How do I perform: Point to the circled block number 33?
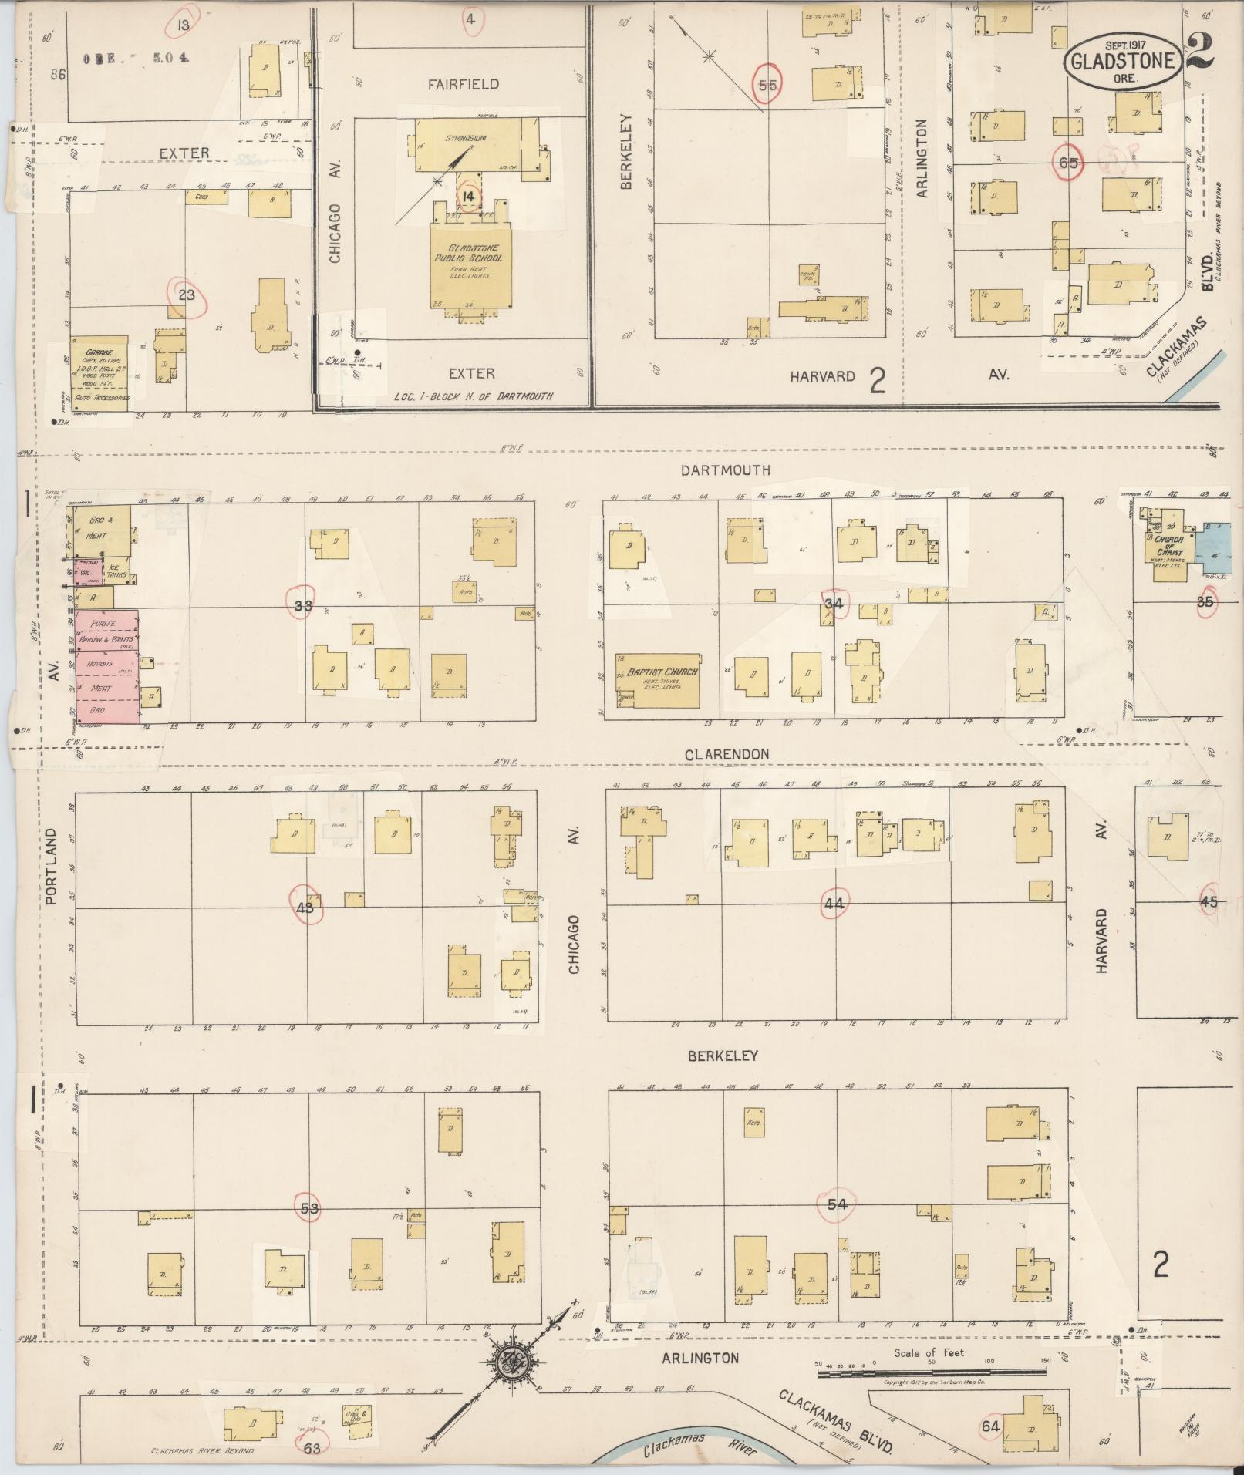point(303,605)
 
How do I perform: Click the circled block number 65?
point(1069,163)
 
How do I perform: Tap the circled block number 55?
point(767,85)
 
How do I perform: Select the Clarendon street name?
point(727,754)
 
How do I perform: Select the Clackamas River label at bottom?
point(700,1450)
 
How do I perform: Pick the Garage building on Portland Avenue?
point(99,372)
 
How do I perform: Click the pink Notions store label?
point(99,664)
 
